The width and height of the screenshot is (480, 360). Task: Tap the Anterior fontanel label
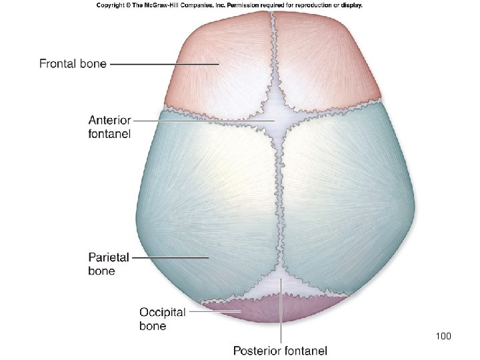coord(110,127)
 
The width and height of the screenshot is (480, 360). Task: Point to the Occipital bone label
coord(162,319)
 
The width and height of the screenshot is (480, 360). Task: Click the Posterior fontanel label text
coord(280,349)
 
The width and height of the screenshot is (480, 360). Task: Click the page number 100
coord(443,335)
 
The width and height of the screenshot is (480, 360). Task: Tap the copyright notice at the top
coord(229,5)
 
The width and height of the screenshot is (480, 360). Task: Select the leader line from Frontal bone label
coord(163,64)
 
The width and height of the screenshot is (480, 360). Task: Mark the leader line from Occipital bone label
coord(213,311)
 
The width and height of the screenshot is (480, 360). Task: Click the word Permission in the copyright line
coord(251,5)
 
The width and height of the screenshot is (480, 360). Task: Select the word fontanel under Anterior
coord(110,133)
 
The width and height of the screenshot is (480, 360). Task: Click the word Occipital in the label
coord(162,312)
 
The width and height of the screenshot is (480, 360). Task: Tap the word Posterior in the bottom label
coord(256,349)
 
